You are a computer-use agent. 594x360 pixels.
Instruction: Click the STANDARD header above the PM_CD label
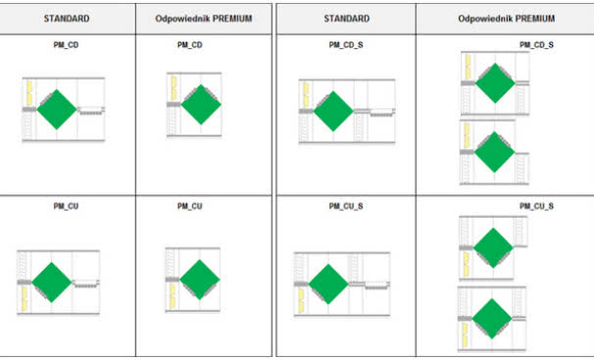coord(67,19)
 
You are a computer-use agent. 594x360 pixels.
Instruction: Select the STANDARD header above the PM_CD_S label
coord(347,19)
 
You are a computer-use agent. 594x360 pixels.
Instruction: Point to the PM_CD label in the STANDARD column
coord(66,45)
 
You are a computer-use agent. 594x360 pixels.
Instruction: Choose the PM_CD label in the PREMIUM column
coord(190,45)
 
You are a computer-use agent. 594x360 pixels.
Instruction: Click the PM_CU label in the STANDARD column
coord(66,206)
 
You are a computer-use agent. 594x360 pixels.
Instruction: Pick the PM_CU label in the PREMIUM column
coord(190,206)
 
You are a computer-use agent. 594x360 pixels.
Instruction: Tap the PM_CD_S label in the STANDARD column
coord(346,45)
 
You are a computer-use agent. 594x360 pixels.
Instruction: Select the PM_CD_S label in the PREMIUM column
coord(536,45)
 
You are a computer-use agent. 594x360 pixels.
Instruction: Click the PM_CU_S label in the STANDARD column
coord(346,206)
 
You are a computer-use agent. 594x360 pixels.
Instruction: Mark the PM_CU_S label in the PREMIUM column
coord(536,206)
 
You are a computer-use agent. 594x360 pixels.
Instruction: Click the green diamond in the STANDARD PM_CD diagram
coord(57,110)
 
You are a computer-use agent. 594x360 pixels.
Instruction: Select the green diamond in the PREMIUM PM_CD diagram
coord(201,105)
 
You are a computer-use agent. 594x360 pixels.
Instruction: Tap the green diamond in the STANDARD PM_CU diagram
coord(52,283)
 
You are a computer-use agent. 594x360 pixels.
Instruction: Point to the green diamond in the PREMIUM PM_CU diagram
coord(200,280)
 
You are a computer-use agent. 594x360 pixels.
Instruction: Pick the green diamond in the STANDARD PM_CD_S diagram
coord(333,112)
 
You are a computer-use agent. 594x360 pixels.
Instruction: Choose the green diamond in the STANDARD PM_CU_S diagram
coord(328,284)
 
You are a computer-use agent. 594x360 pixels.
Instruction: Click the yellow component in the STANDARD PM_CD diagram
coord(29,93)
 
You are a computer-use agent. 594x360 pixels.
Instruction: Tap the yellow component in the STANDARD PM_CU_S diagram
coord(301,300)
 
